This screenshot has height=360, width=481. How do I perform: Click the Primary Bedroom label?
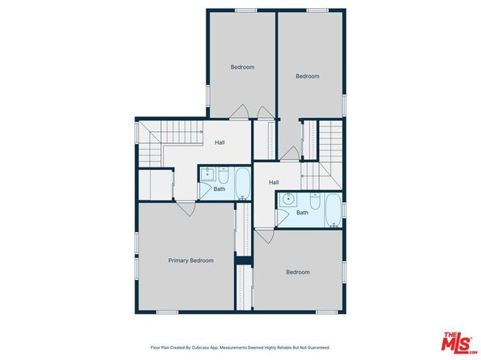[x=191, y=260]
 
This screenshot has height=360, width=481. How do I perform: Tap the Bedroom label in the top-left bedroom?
[x=242, y=67]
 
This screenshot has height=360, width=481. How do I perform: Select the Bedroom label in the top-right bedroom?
[x=307, y=77]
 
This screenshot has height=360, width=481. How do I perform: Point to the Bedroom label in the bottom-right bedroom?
[x=297, y=272]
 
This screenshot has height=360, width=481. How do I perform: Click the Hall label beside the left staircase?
[x=219, y=142]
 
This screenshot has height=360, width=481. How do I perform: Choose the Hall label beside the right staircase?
[x=274, y=182]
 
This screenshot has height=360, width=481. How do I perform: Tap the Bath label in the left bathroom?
[x=219, y=189]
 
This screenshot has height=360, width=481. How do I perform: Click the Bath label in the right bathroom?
[x=302, y=213]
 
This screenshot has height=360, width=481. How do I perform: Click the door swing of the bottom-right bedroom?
[x=263, y=236]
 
